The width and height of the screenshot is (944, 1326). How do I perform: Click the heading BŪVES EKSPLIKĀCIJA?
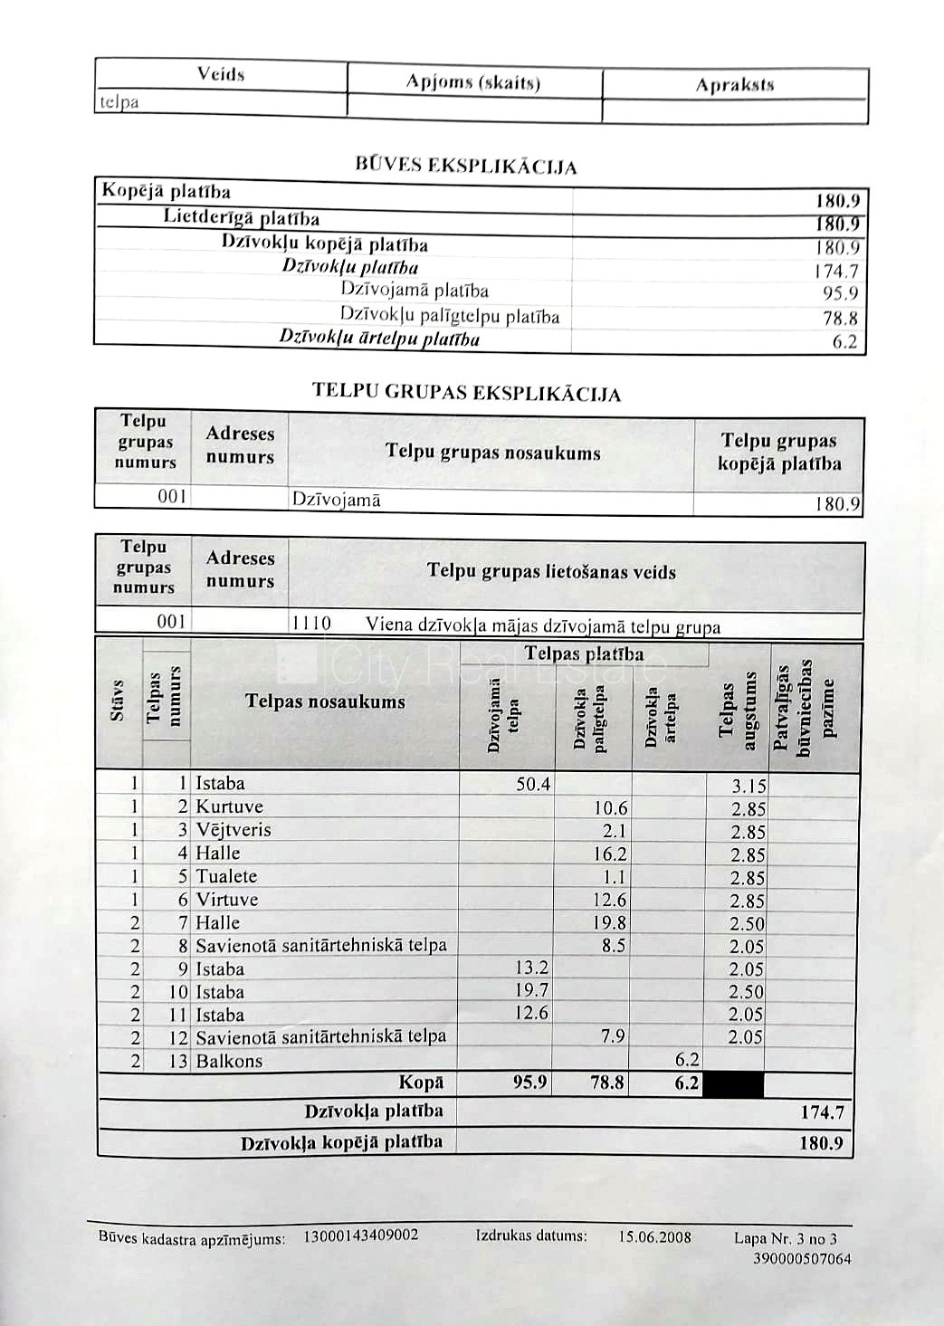[466, 167]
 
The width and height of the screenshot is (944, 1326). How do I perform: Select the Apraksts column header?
[734, 85]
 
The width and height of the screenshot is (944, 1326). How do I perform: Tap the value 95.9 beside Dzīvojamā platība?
[840, 293]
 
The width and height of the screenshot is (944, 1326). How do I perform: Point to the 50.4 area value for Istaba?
[532, 784]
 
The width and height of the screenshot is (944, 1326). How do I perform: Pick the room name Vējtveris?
[233, 830]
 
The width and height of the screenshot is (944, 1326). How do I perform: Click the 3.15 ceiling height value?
[748, 786]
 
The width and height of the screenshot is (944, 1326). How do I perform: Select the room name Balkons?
[229, 1061]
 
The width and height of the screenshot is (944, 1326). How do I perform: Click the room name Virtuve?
[226, 900]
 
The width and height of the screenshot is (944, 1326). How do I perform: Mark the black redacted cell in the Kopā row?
[734, 1083]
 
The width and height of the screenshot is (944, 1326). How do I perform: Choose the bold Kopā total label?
[421, 1083]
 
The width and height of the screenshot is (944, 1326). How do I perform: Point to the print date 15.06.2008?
[654, 1236]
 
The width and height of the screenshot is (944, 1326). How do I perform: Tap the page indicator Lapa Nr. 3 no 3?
[786, 1238]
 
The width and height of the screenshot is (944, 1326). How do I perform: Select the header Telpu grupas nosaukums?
[492, 453]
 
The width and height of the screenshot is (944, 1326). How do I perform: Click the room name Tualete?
[226, 876]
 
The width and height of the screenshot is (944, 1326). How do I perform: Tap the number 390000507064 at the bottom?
[802, 1258]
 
